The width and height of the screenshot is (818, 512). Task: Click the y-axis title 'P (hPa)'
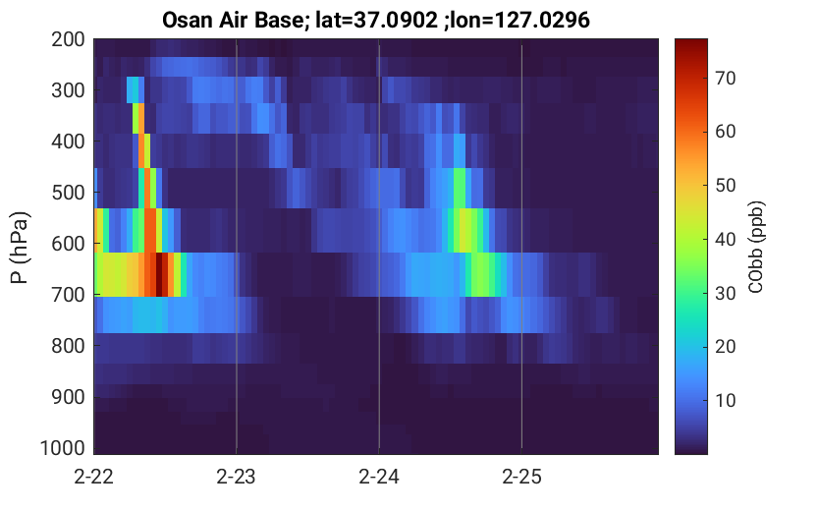20,248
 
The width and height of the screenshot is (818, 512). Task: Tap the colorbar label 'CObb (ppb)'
755,247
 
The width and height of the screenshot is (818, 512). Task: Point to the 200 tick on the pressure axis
68,39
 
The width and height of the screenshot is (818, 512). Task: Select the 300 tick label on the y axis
68,90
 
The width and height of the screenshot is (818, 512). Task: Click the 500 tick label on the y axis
68,193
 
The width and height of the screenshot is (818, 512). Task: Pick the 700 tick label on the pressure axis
68,295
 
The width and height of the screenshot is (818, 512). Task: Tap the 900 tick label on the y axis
68,397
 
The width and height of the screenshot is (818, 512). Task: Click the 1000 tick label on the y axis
63,448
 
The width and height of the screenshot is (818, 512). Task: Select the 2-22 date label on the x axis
94,477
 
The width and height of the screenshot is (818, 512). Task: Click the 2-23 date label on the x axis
237,477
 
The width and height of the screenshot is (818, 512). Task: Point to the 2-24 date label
379,477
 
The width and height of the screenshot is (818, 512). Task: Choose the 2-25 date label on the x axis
521,477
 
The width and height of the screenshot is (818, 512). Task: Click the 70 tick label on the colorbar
725,79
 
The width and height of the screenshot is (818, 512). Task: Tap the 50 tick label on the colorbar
725,186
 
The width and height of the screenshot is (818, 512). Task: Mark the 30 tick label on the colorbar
725,293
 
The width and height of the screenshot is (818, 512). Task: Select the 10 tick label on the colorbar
725,400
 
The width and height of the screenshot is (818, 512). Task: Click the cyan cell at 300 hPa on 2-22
133,89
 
